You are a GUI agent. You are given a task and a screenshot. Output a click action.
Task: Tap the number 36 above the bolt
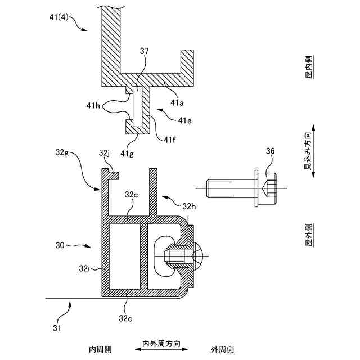pos(271,151)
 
